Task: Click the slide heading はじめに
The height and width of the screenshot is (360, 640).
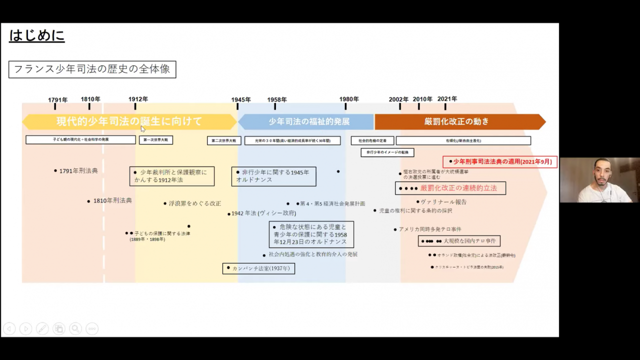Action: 36,36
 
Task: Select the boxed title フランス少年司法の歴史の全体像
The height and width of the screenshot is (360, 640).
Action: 92,69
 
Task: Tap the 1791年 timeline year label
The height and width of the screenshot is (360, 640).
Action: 57,100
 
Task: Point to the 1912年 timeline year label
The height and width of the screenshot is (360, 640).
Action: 138,99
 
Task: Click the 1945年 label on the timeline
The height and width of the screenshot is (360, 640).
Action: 241,100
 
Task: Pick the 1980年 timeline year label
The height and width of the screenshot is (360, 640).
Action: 349,99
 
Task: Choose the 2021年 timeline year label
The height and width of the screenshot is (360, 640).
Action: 447,99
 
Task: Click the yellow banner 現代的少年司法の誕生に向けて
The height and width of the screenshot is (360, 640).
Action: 129,121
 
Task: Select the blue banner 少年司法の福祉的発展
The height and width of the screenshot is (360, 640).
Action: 308,121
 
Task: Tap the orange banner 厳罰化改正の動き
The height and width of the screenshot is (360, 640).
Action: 456,121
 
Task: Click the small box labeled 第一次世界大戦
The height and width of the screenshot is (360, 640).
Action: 155,140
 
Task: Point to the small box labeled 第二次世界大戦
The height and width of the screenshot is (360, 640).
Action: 224,140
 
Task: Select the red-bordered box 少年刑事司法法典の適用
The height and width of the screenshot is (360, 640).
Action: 500,161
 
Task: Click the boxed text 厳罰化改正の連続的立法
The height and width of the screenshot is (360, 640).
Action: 450,188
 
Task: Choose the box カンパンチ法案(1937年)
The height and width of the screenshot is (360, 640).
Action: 258,268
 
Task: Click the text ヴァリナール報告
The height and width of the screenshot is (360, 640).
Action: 443,202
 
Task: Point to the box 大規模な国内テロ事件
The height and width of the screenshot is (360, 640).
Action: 459,241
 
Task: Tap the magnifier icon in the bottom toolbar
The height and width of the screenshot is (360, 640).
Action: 75,328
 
